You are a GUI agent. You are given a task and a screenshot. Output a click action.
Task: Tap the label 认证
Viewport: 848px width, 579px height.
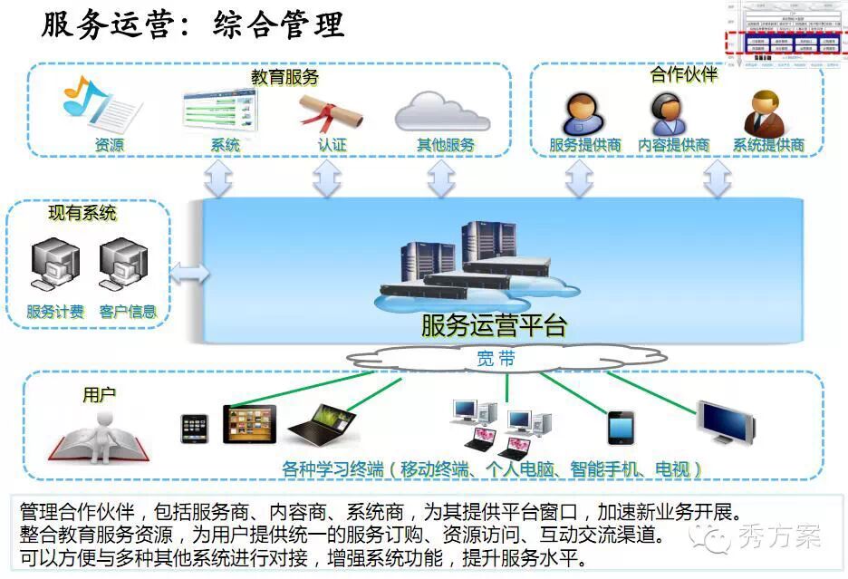click(332, 145)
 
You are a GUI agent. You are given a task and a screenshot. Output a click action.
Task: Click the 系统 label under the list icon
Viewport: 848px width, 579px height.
click(225, 145)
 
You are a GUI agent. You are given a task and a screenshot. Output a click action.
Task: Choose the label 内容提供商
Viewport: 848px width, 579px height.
click(673, 145)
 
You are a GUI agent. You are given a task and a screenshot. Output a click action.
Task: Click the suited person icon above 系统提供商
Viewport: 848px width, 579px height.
click(766, 112)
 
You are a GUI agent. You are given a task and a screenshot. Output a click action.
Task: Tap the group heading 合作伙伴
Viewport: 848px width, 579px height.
click(684, 74)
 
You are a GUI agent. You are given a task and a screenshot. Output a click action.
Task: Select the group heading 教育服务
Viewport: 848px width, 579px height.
click(284, 78)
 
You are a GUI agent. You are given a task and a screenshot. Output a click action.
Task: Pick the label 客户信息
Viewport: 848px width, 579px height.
click(128, 312)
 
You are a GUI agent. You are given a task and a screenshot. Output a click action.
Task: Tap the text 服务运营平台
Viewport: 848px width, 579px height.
click(493, 324)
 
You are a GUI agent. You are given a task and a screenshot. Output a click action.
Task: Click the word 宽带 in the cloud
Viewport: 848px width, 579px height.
click(496, 359)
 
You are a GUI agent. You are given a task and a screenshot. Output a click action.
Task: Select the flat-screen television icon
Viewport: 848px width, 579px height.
click(724, 421)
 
